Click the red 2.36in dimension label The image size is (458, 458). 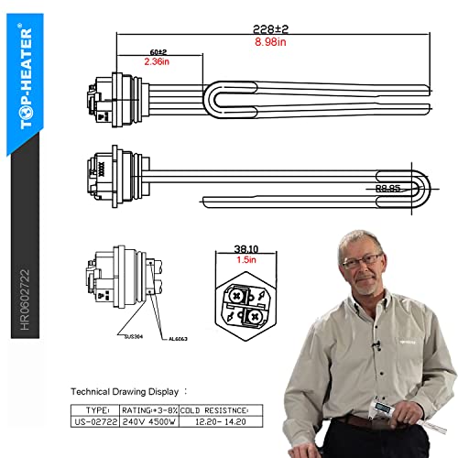coord(159,62)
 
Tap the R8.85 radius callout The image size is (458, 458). coord(388,188)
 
